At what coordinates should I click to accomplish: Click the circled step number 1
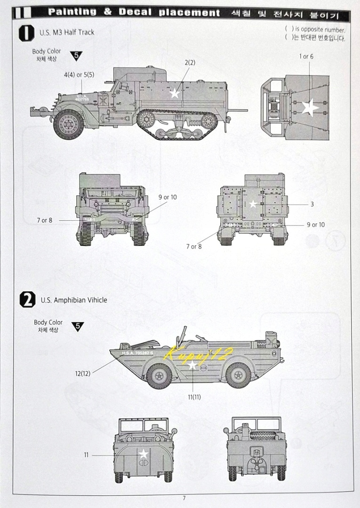(27, 32)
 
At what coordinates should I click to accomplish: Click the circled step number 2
(28, 300)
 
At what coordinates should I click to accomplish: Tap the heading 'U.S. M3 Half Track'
(67, 32)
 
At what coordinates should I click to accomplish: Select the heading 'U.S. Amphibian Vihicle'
(74, 300)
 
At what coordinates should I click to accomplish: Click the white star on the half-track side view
(175, 93)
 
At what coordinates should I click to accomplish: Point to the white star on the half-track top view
(309, 107)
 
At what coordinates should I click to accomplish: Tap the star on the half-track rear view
(253, 204)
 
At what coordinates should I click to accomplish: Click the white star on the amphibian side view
(192, 365)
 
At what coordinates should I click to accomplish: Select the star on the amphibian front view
(143, 454)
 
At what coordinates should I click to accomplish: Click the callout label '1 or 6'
(306, 56)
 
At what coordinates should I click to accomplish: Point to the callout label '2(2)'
(190, 62)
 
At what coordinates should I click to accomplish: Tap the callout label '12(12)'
(82, 373)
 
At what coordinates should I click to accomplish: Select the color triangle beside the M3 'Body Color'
(77, 56)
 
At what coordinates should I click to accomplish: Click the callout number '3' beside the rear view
(312, 205)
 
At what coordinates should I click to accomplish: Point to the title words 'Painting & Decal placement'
(134, 13)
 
